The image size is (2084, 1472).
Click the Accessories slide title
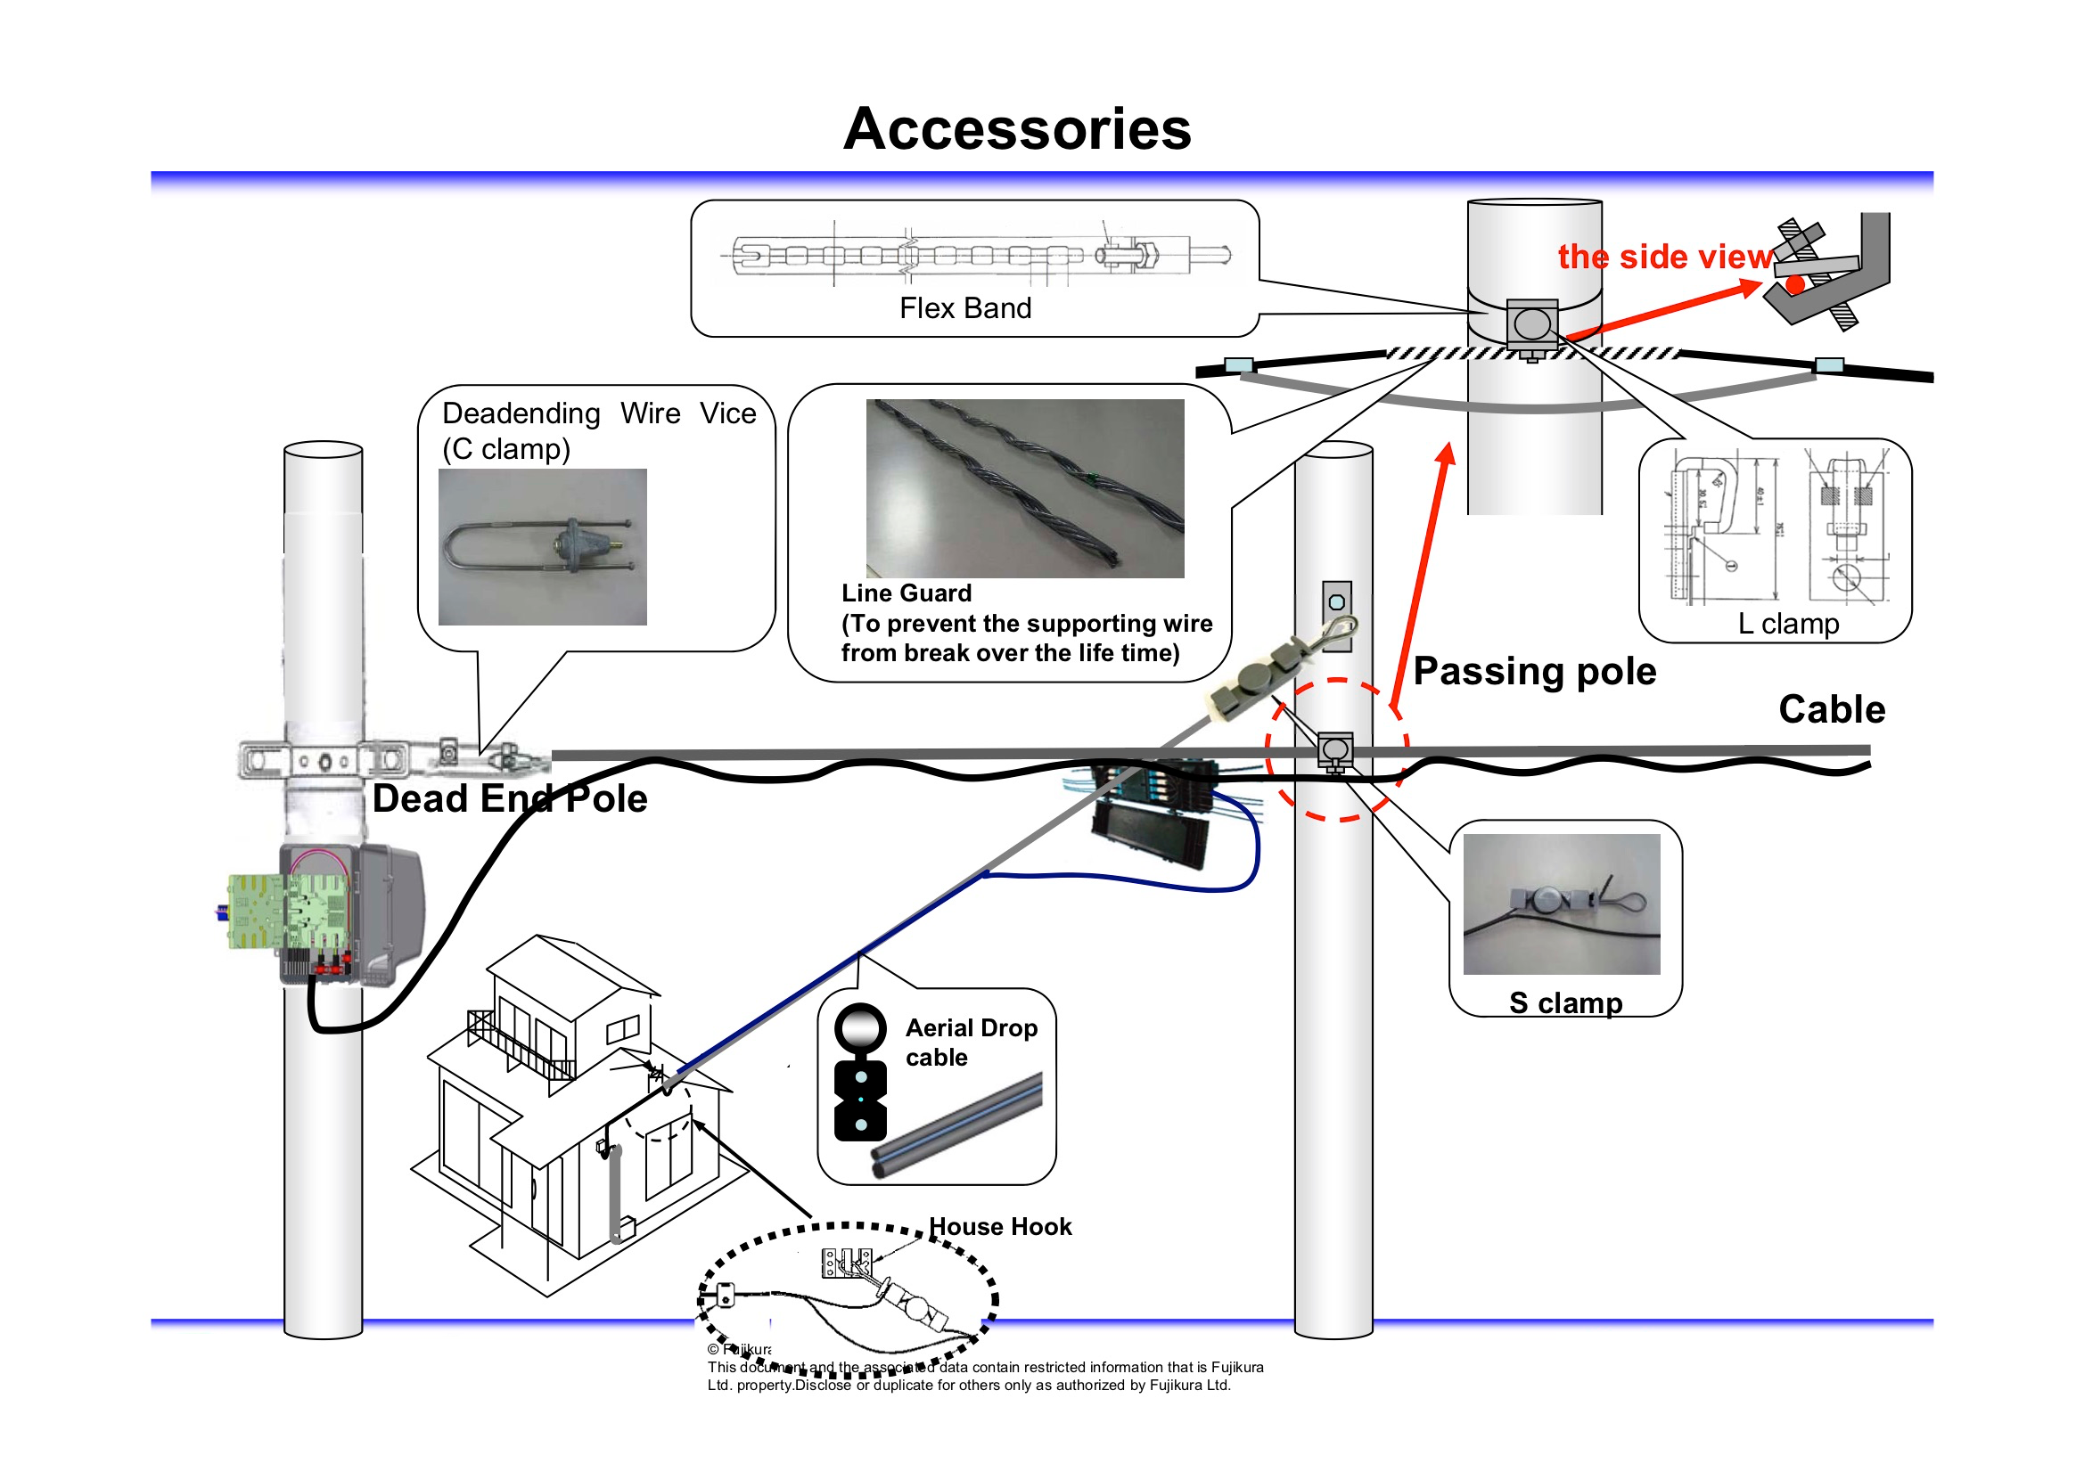click(x=1016, y=129)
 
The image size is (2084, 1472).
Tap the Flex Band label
click(x=964, y=308)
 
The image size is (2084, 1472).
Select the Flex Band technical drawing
click(x=976, y=254)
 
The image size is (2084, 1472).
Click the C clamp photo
click(x=542, y=546)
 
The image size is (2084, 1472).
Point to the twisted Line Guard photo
click(x=1024, y=488)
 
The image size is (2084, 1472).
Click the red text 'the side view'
click(x=1664, y=257)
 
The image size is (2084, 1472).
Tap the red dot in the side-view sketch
click(x=1794, y=285)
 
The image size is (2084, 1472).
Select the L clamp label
click(x=1787, y=624)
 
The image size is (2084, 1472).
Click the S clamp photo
click(x=1560, y=904)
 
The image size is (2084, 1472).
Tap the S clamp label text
click(x=1565, y=1002)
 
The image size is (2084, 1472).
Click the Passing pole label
click(x=1534, y=672)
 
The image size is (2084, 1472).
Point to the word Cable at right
click(x=1831, y=709)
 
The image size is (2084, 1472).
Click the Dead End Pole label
click(x=509, y=798)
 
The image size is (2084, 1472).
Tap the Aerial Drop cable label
click(x=971, y=1042)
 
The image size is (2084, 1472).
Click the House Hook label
click(x=999, y=1227)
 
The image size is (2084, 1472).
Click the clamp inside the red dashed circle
click(x=1334, y=751)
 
